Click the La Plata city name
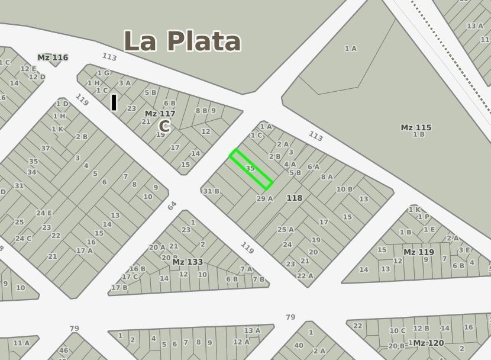pyautogui.click(x=182, y=41)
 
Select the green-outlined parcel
pyautogui.click(x=251, y=169)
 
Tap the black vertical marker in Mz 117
pyautogui.click(x=114, y=102)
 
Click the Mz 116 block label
pyautogui.click(x=53, y=57)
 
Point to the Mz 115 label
pyautogui.click(x=416, y=127)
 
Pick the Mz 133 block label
pyautogui.click(x=188, y=262)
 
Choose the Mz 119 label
pyautogui.click(x=418, y=252)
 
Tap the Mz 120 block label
pyautogui.click(x=428, y=343)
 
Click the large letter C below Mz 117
pyautogui.click(x=164, y=126)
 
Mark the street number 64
pyautogui.click(x=172, y=205)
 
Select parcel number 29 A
pyautogui.click(x=264, y=199)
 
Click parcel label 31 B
pyautogui.click(x=211, y=191)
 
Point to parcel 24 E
pyautogui.click(x=44, y=213)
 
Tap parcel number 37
pyautogui.click(x=46, y=148)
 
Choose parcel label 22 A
pyautogui.click(x=305, y=276)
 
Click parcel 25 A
pyautogui.click(x=285, y=230)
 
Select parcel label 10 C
pyautogui.click(x=397, y=331)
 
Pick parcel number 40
pyautogui.click(x=299, y=346)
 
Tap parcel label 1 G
pyautogui.click(x=103, y=73)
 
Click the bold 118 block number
pyautogui.click(x=294, y=198)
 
